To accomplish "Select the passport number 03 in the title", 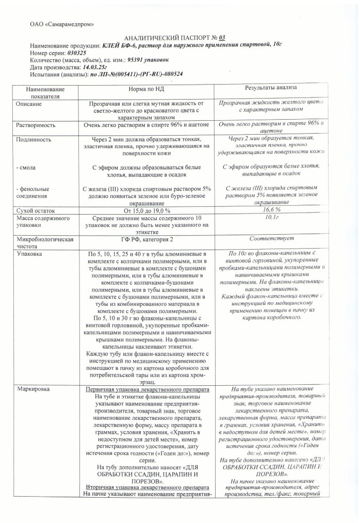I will pyautogui.click(x=222, y=38).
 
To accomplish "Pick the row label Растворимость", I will pyautogui.click(x=37, y=125).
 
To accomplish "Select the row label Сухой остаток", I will pyautogui.click(x=37, y=210).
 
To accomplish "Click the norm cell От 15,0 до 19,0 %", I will pyautogui.click(x=147, y=210).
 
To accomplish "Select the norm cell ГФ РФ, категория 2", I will pyautogui.click(x=147, y=240).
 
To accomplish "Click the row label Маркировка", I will pyautogui.click(x=35, y=388).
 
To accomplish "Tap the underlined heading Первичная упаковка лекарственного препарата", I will pyautogui.click(x=147, y=389).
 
